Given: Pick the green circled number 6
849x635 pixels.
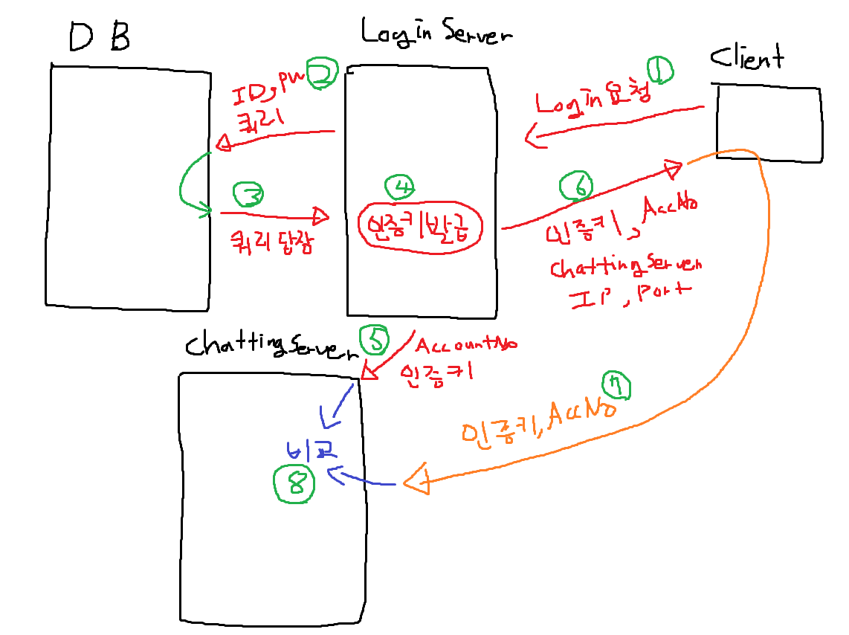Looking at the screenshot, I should tap(579, 186).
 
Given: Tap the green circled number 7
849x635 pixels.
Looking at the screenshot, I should tap(616, 387).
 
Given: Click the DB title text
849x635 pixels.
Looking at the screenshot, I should tap(99, 37).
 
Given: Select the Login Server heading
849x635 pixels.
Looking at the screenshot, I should tap(436, 32).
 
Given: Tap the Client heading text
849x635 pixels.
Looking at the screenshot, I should tap(746, 57).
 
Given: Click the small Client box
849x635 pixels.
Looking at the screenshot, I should tap(769, 122).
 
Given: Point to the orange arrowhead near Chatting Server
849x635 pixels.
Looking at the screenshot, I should tap(417, 483).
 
